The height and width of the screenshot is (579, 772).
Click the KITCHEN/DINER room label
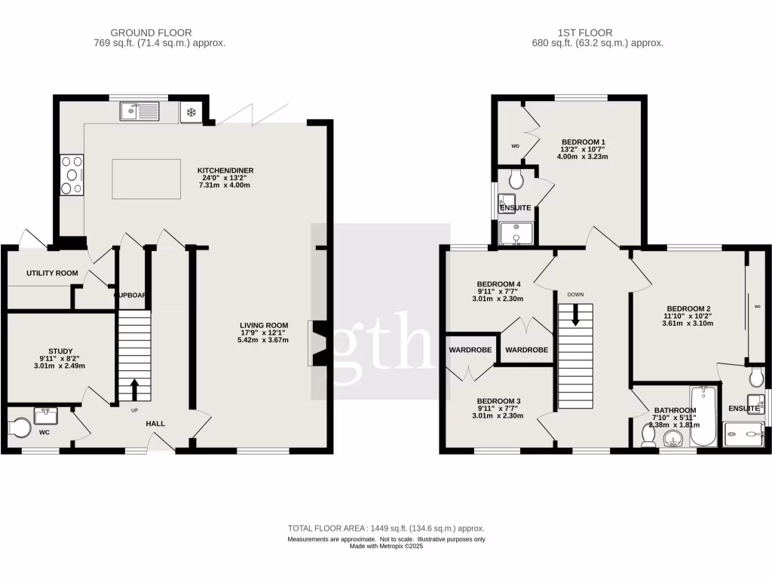(223, 170)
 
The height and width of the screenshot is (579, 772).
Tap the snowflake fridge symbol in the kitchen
(191, 113)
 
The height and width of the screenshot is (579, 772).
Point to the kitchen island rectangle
(146, 179)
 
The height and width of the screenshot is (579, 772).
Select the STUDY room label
(61, 351)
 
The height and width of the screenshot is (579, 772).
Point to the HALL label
(155, 424)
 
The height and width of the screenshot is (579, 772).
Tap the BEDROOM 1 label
(583, 142)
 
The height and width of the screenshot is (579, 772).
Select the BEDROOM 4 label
(493, 284)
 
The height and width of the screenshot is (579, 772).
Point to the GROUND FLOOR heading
(151, 32)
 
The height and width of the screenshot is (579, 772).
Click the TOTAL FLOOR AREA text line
(386, 528)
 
